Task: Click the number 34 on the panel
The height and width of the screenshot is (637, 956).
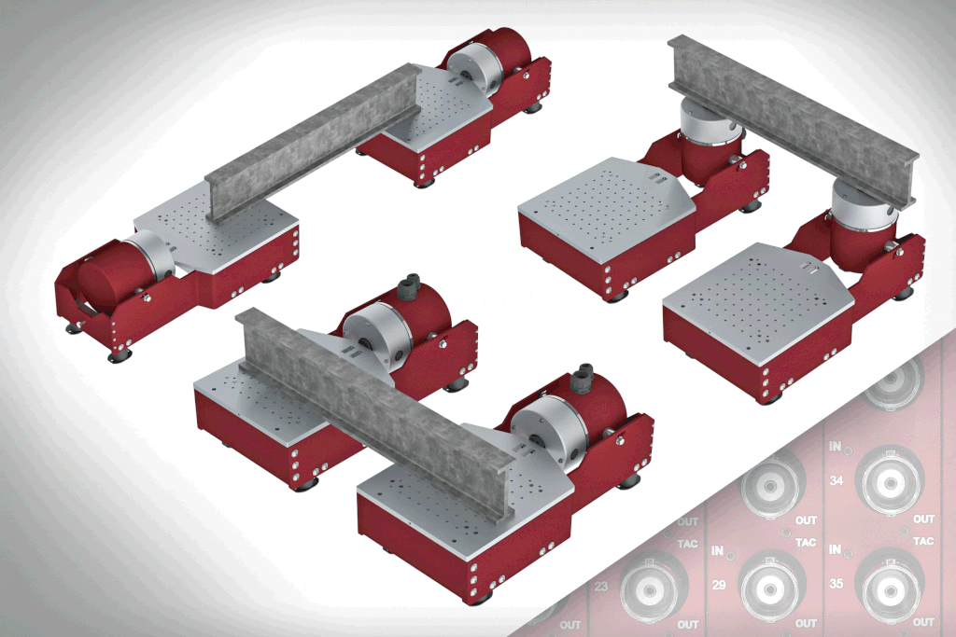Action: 836,480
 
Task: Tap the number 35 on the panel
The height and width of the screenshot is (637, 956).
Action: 836,584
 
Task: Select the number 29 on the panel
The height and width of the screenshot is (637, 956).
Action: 719,585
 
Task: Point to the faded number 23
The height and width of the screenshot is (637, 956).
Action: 601,587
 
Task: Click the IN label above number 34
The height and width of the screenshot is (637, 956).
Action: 835,447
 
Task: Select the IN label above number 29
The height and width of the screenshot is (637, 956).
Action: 718,550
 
